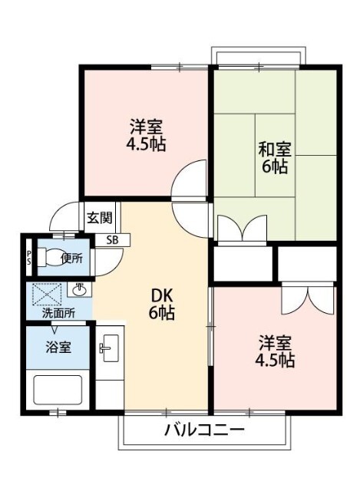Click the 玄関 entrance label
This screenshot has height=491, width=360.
tap(99, 217)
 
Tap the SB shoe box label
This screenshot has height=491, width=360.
tap(113, 239)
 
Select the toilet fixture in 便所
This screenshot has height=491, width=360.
tap(53, 258)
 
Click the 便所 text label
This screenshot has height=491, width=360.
tap(74, 258)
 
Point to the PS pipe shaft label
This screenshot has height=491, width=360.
tap(29, 257)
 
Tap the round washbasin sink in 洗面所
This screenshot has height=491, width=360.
tap(79, 289)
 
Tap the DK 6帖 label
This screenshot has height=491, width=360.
tap(161, 303)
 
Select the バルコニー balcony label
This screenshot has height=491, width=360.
tap(203, 430)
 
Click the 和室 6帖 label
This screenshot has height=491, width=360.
tap(275, 157)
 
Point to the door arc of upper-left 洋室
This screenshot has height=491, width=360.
tap(190, 181)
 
